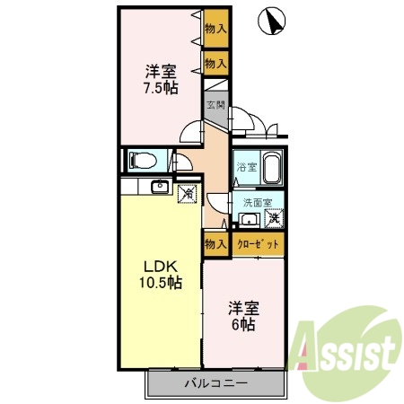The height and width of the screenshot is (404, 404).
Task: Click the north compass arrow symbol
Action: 272,21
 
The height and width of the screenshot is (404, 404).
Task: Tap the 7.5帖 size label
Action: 161,88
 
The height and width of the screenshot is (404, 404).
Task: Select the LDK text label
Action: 161,266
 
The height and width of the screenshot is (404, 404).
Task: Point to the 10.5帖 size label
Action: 161,282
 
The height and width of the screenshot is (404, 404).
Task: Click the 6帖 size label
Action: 243,324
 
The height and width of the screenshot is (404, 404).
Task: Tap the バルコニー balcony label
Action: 216,382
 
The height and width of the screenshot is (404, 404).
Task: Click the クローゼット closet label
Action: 258,244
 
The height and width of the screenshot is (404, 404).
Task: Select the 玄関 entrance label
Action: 215,105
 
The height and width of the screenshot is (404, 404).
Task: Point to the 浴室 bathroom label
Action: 247,167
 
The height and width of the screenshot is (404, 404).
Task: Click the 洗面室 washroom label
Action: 258,203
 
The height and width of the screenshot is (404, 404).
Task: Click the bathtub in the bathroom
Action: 272,167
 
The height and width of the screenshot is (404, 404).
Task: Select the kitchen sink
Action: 160,187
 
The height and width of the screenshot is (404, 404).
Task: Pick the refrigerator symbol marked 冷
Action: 188,194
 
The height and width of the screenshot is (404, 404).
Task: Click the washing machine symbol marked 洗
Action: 274,218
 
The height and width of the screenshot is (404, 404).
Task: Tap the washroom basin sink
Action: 249,220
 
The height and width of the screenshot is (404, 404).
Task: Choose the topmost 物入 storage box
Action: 216,29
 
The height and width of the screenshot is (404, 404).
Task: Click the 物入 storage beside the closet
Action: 215,244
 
